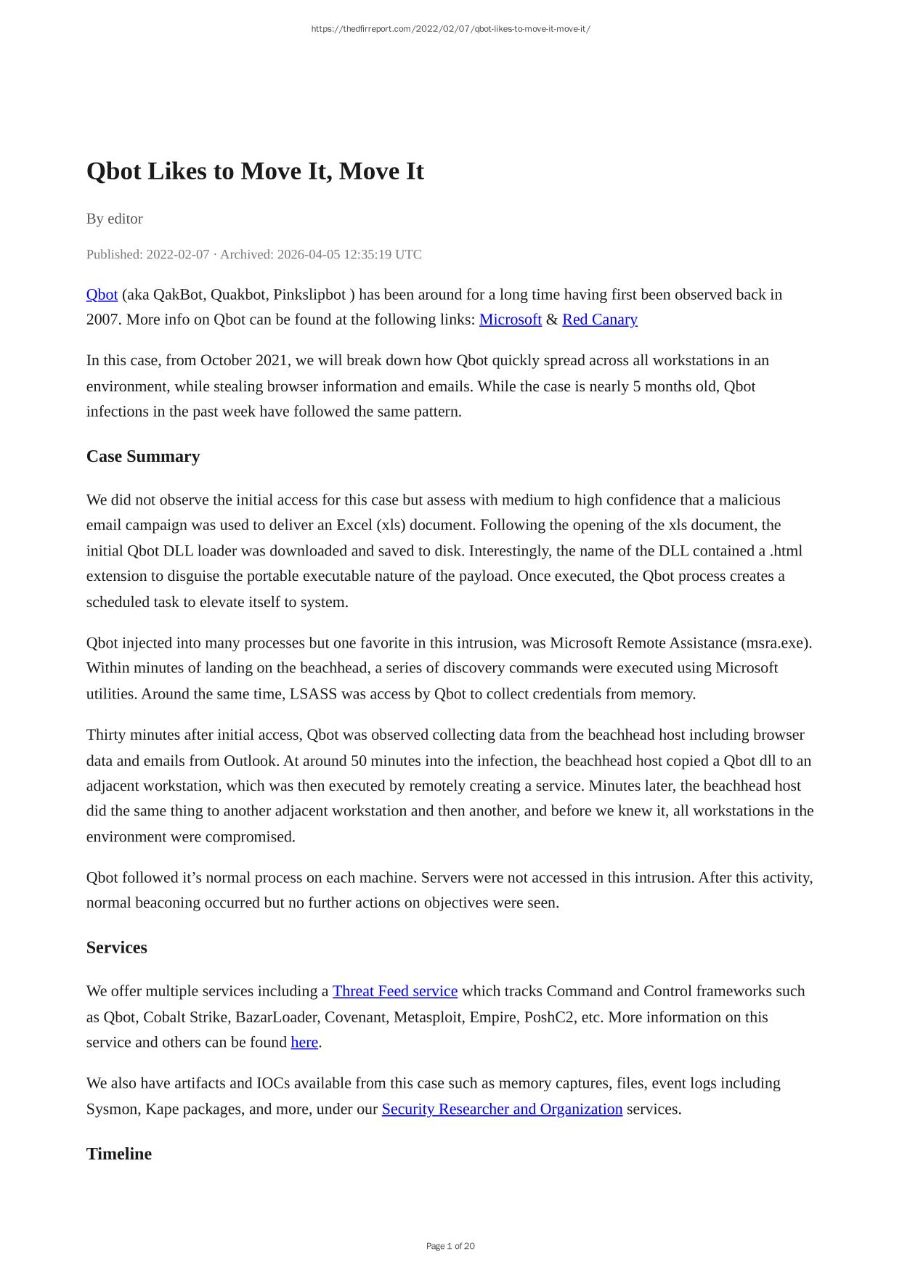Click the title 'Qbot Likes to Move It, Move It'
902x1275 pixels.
coord(255,171)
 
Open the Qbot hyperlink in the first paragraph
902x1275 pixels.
coord(102,294)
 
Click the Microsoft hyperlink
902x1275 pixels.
coord(510,319)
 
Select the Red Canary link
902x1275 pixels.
coord(599,319)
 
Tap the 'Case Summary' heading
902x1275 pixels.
coord(143,456)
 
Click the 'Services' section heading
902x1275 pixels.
coord(116,948)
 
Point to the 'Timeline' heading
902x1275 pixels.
coord(119,1154)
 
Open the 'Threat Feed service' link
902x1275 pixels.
coord(394,991)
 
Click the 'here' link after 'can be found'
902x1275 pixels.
coord(304,1042)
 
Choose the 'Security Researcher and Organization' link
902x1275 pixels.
coord(502,1109)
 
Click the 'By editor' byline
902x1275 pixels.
coord(115,219)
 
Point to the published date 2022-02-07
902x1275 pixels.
coord(177,254)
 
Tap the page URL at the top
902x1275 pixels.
coord(450,29)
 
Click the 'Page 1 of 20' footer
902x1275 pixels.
coord(450,1246)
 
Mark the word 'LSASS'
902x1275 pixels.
coord(313,693)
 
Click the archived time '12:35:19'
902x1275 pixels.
coord(367,254)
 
